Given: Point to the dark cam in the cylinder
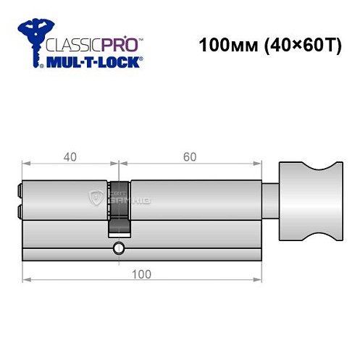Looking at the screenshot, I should [x=120, y=206].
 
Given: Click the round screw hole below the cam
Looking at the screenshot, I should [x=118, y=249].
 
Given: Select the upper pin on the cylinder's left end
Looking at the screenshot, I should [x=18, y=191].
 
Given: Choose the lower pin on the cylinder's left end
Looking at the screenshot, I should [x=18, y=211].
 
